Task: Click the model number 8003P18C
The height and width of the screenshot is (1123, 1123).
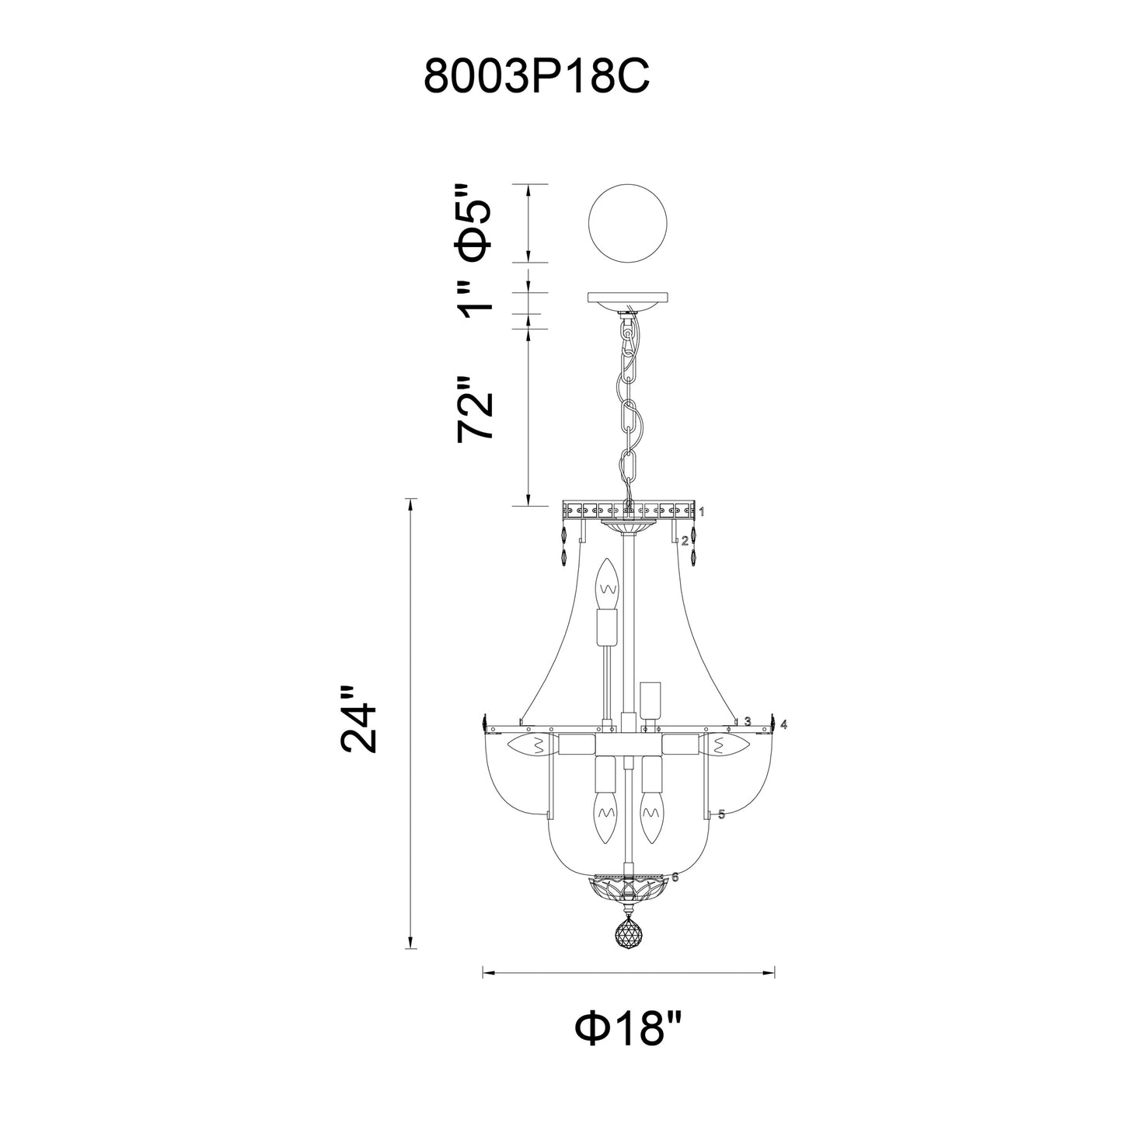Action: point(535,78)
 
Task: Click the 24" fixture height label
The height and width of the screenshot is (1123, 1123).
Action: point(359,719)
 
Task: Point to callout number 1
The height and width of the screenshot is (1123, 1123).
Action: point(701,511)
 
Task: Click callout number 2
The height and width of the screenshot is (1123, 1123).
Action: point(685,540)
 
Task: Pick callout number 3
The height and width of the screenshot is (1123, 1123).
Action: point(747,721)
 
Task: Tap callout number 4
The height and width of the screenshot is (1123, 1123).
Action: point(784,724)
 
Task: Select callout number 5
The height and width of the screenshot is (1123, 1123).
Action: point(721,814)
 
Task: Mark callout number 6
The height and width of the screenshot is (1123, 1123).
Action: point(675,877)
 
